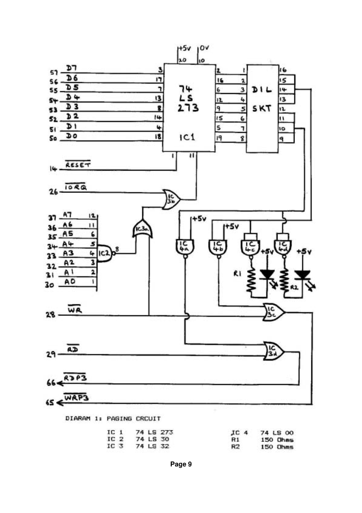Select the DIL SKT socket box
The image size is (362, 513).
[262, 108]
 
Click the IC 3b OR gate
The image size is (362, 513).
[171, 199]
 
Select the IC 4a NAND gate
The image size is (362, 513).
[184, 247]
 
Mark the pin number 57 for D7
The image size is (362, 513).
[54, 73]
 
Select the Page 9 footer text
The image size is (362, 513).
[180, 464]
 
